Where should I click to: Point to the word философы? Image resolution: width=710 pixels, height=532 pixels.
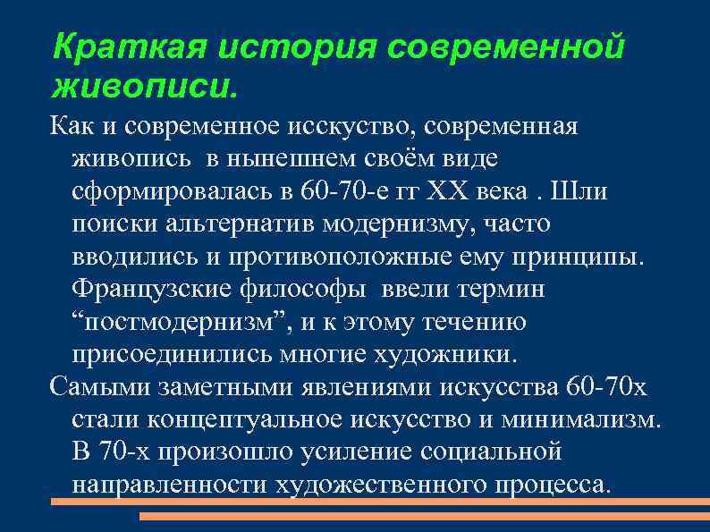pos(303,290)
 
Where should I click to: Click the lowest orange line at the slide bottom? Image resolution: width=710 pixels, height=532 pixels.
pos(425,517)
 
